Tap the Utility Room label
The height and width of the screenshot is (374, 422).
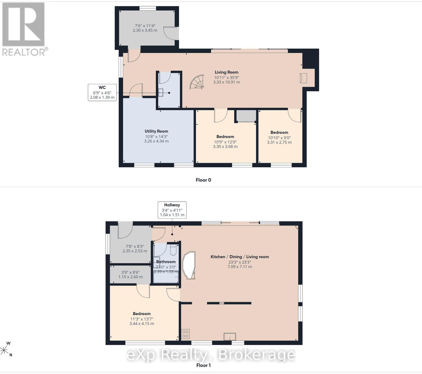pos(156,131)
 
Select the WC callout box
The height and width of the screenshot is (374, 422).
pos(102,93)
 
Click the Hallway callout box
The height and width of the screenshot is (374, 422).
pos(172,210)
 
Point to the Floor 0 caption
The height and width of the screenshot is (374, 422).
pos(203,180)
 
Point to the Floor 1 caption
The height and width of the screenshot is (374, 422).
pos(203,365)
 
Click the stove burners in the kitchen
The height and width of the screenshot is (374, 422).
pos(185,334)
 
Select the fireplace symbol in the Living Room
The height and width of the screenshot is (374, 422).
pos(303,78)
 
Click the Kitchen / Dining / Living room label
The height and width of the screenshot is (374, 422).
pos(240,257)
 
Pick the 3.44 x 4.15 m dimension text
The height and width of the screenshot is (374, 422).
pos(141,324)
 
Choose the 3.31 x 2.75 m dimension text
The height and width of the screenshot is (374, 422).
pos(279,142)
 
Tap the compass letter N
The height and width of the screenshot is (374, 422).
pos(11,355)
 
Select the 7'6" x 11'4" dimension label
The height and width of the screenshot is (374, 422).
pos(145,26)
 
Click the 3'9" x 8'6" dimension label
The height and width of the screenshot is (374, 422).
pos(130,272)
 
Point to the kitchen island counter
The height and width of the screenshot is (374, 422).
pos(189,265)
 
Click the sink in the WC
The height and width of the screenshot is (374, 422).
pos(161,92)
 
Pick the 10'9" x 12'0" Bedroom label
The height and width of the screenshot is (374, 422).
pos(225,142)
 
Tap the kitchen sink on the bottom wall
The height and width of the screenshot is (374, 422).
pos(230,337)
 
